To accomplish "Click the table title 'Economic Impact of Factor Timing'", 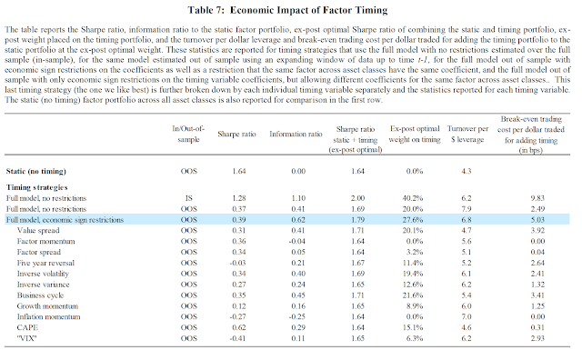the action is (308, 10).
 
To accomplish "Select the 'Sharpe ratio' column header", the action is (236, 134).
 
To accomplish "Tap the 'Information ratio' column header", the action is (296, 134).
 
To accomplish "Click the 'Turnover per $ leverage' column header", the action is (467, 134).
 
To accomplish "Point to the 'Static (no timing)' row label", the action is (36, 171).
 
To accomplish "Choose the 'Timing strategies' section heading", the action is (36, 187).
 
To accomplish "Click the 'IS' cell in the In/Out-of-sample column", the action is (188, 198).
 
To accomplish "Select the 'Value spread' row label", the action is (38, 231).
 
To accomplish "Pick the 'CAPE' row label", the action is (27, 327).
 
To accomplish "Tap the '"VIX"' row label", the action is (26, 338).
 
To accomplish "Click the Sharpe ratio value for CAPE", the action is (238, 327).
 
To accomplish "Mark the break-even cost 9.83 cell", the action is (537, 198).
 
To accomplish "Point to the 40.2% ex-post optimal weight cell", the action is (413, 198).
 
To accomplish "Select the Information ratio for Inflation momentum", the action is (297, 316).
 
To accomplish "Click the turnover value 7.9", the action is (467, 209).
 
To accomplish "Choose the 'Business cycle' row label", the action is (40, 295).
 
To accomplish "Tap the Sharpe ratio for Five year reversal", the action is (237, 263).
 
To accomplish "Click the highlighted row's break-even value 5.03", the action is (537, 220).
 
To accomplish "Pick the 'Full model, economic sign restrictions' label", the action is (65, 220).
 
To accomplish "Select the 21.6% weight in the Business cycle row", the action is (413, 295).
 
